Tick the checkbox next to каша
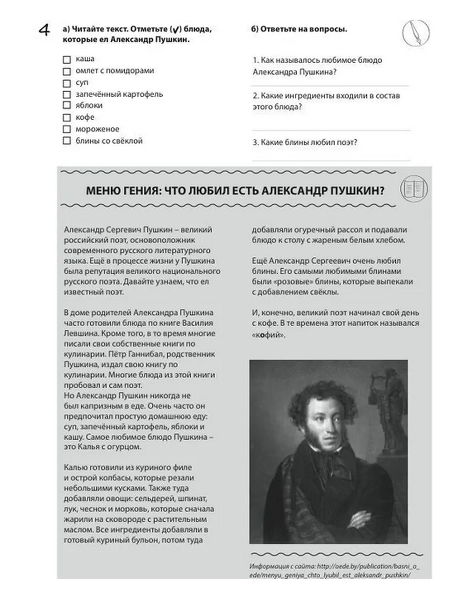click(67, 59)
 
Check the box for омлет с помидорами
click(67, 71)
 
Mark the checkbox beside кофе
click(67, 118)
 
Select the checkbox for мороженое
click(67, 129)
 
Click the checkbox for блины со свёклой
click(67, 141)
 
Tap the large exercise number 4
click(44, 31)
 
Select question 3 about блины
click(305, 142)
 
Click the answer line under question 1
click(330, 85)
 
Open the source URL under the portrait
click(334, 570)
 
